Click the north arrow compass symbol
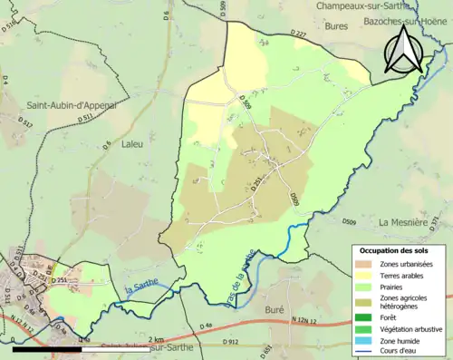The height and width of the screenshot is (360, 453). pyautogui.click(x=403, y=50)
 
